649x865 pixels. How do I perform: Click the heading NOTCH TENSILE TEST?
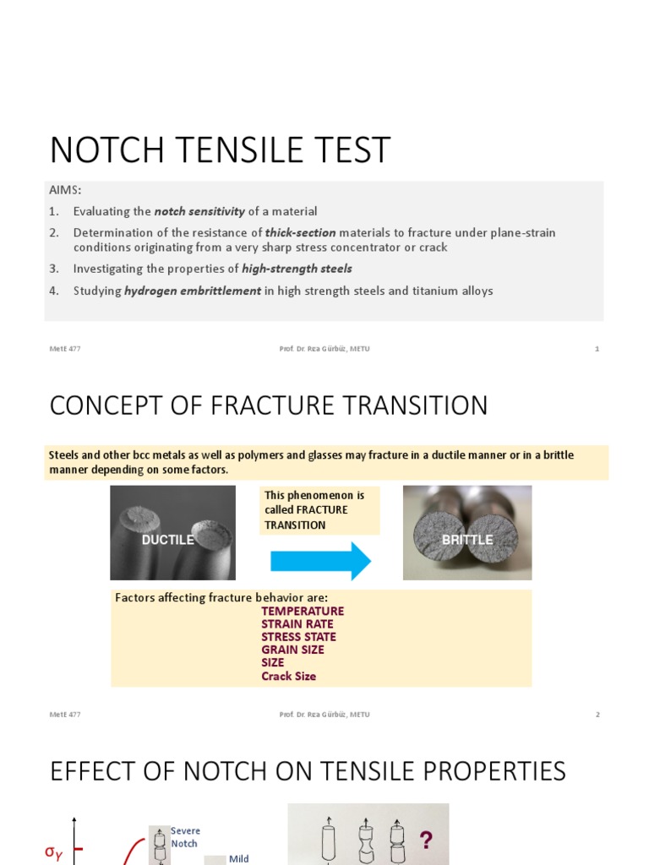coord(220,150)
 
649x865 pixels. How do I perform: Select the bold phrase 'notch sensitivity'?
coord(199,211)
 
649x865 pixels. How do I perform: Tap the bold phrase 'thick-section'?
coord(300,232)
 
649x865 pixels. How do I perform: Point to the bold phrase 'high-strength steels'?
coord(297,269)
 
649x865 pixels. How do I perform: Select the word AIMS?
coord(64,191)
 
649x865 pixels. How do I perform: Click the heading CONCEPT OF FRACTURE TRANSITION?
coord(269,405)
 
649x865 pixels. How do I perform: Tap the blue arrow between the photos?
coord(320,561)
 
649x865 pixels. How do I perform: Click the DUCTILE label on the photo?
coord(168,539)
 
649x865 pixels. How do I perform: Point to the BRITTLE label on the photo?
coord(467,539)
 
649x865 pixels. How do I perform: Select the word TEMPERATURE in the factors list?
coord(303,611)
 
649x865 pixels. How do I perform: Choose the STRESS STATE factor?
coord(298,637)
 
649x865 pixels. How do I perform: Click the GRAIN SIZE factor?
coord(292,650)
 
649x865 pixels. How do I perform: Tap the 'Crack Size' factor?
coord(288,676)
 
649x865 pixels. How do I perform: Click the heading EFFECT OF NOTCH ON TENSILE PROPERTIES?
coord(308,771)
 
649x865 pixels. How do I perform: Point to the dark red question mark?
coord(426,841)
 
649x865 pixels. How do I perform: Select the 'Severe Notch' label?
coord(185,837)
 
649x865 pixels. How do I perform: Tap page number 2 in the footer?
coord(597,715)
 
